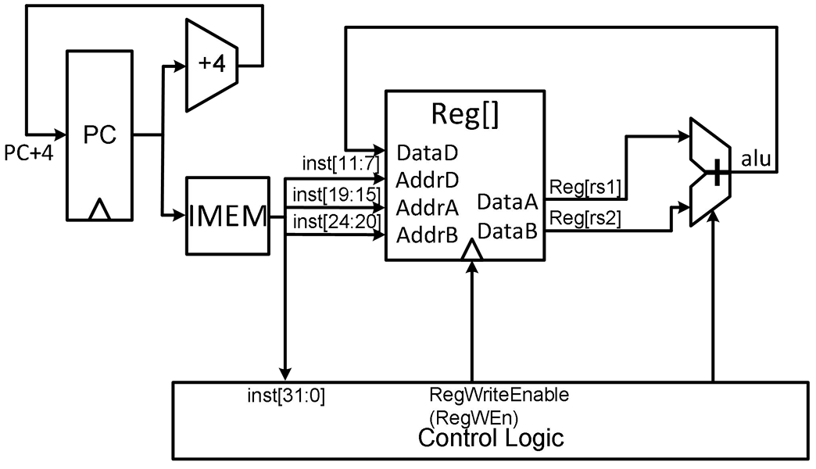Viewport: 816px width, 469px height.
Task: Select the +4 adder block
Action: pos(212,65)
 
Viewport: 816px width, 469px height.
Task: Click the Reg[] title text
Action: pos(465,115)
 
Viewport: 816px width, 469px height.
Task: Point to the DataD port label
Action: pos(428,153)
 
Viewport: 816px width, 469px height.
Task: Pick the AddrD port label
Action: pos(428,181)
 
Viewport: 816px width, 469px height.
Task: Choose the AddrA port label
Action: pos(428,208)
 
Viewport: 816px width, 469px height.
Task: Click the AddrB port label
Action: pos(428,236)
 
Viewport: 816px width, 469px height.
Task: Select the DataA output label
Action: pos(507,202)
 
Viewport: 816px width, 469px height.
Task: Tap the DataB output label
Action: pos(507,231)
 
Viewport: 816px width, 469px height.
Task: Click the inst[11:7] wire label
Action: pos(341,163)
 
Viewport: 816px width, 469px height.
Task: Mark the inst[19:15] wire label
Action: pos(337,195)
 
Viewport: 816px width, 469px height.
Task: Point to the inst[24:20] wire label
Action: pos(337,222)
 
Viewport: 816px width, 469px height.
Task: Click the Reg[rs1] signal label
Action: pos(585,188)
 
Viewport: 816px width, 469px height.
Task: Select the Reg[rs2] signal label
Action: pos(585,217)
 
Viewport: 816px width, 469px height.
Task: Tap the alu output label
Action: pos(756,158)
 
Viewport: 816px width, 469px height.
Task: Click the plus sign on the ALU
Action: pos(718,172)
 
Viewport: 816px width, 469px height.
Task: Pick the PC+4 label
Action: pos(29,153)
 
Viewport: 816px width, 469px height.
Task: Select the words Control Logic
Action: pos(491,438)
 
